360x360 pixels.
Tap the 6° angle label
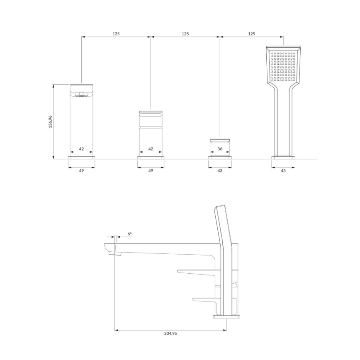[x=129, y=234]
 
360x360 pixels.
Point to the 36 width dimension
[x=220, y=148]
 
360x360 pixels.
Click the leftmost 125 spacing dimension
[x=116, y=34]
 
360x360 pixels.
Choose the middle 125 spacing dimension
[x=185, y=34]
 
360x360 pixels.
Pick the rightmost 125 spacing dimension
[x=251, y=34]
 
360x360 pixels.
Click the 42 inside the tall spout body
[x=81, y=148]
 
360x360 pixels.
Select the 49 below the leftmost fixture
[x=81, y=170]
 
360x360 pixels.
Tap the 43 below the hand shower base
[x=283, y=170]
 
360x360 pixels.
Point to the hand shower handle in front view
[x=283, y=120]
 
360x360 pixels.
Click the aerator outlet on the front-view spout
[x=81, y=95]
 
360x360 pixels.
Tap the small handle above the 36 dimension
[x=220, y=141]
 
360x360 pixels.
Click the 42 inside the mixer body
[x=151, y=148]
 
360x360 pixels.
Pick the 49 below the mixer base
[x=151, y=170]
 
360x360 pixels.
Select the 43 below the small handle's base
[x=220, y=170]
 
